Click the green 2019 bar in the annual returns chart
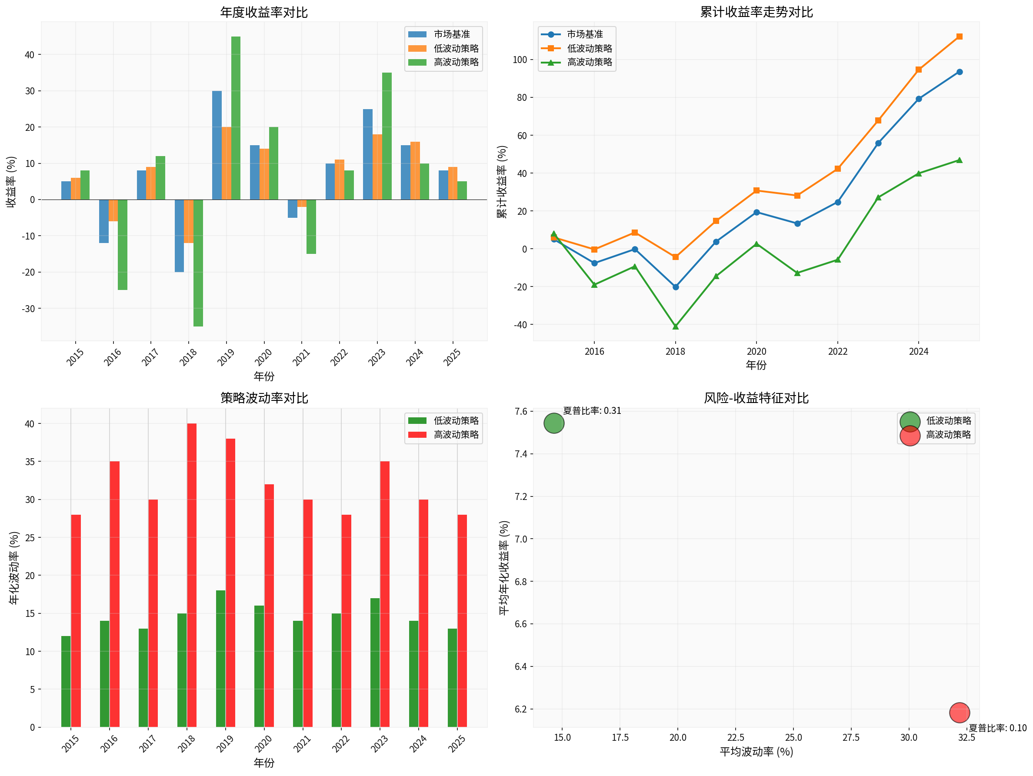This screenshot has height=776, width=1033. click(x=236, y=118)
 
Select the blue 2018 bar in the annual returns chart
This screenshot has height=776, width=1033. click(x=179, y=236)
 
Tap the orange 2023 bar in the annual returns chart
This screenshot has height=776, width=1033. click(x=377, y=167)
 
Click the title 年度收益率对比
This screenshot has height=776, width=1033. click(x=264, y=12)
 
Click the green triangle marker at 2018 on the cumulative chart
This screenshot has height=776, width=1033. click(x=675, y=326)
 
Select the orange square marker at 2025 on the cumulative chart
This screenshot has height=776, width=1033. click(x=959, y=37)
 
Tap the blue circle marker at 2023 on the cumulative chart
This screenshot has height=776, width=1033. click(x=878, y=143)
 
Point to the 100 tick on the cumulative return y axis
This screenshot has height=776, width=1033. click(x=520, y=60)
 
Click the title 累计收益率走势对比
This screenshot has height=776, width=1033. click(x=756, y=12)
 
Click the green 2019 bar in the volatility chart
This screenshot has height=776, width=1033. click(x=221, y=659)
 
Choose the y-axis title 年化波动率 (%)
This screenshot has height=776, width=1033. click(x=14, y=568)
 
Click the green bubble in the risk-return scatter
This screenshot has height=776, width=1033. click(x=554, y=423)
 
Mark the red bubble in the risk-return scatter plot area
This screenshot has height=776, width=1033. click(x=959, y=713)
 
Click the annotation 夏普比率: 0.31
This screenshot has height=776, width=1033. click(x=592, y=411)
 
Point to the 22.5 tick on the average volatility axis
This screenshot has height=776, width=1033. click(x=736, y=738)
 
